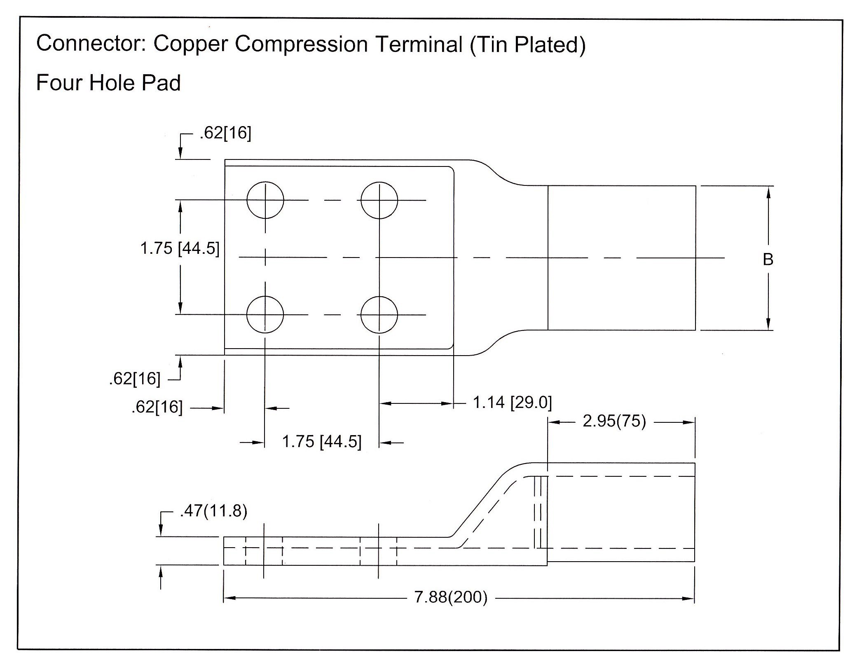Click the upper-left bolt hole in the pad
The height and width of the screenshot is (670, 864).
tap(265, 200)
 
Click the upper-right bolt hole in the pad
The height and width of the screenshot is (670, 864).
tap(379, 200)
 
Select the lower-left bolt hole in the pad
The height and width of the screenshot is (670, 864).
tap(265, 314)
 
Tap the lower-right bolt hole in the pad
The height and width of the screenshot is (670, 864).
tap(379, 314)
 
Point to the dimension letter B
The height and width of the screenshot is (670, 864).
tap(768, 260)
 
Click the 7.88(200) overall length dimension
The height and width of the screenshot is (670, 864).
tap(451, 597)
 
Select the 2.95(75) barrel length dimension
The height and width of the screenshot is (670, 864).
tap(614, 421)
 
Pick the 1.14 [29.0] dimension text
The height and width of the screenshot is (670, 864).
tap(512, 402)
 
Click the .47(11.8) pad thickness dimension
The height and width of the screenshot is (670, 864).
tap(213, 511)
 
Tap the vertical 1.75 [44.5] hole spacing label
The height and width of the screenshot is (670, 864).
tap(180, 248)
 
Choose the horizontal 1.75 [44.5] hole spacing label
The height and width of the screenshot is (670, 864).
tap(321, 441)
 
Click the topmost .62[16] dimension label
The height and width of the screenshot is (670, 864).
tap(225, 133)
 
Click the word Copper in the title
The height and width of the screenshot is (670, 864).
tap(190, 45)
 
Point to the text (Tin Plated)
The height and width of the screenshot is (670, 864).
tap(527, 45)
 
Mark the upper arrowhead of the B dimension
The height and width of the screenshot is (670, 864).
tap(768, 192)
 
